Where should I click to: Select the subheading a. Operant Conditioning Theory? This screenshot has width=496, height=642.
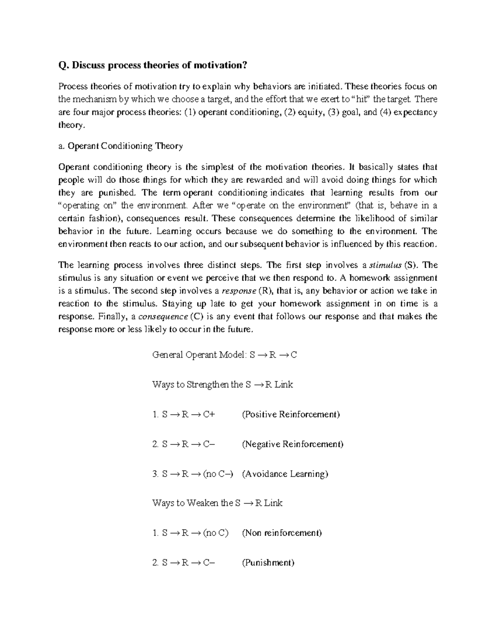pos(120,146)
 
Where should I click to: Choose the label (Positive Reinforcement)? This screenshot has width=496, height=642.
pos(291,414)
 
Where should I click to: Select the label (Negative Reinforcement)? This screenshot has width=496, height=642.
pos(293,444)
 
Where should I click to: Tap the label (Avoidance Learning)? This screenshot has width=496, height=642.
pos(285,474)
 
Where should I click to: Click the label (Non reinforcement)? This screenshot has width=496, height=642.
pos(281,533)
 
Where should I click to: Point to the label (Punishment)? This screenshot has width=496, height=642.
pos(268,563)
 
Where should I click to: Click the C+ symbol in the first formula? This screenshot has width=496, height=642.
pos(209,414)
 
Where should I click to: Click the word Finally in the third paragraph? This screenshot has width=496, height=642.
pos(111,317)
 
